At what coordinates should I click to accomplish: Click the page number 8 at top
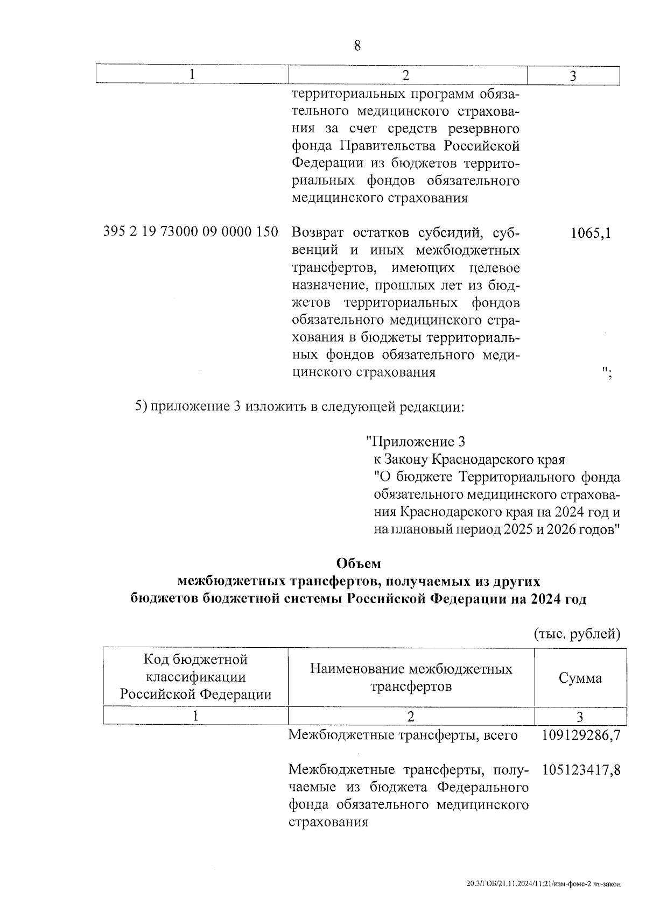pos(357,46)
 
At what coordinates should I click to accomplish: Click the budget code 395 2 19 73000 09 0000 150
pos(191,232)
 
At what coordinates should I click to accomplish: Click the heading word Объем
pos(358,563)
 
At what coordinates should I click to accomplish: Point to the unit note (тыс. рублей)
pos(577,634)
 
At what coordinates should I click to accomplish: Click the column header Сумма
pos(580,678)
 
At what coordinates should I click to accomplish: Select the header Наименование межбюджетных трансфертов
pos(411,677)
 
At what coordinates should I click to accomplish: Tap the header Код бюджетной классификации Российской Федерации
pos(195,677)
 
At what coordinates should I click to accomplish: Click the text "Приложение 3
pos(415,442)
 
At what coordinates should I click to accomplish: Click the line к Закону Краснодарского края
pos(469,459)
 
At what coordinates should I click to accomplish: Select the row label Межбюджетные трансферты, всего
pos(403,735)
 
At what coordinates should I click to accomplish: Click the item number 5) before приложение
pos(141,406)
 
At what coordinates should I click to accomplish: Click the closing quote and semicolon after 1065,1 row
pos(606,372)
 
